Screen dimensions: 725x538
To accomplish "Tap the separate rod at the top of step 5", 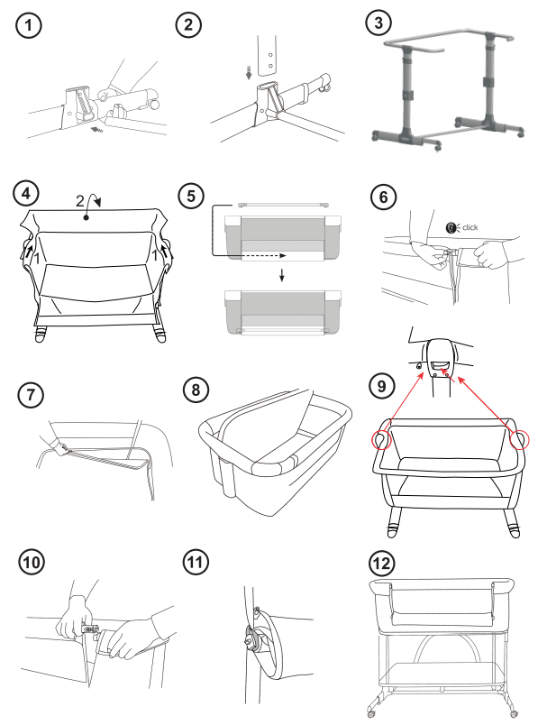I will tap(282, 204).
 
